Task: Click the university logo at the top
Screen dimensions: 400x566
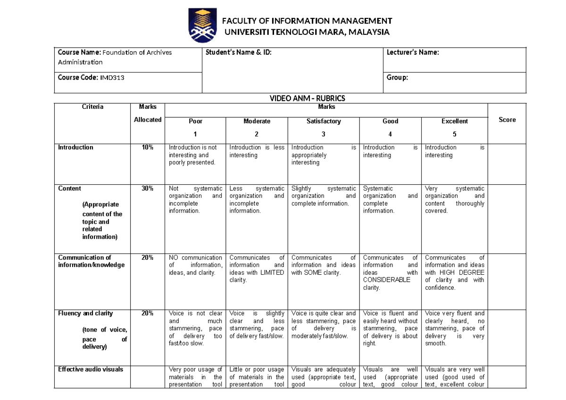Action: tap(203, 25)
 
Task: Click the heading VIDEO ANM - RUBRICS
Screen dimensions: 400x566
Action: tap(307, 98)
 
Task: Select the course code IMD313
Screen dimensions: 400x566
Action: tap(111, 78)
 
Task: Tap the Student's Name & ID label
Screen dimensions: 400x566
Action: tap(239, 53)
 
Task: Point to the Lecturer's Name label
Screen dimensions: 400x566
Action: tap(413, 53)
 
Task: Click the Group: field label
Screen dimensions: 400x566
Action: tap(398, 78)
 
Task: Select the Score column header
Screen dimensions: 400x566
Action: tap(507, 120)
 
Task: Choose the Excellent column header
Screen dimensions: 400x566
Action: tap(454, 122)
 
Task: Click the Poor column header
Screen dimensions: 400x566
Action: tap(195, 122)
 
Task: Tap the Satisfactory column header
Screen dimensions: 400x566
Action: tap(324, 122)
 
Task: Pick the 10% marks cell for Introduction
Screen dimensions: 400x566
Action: tap(148, 147)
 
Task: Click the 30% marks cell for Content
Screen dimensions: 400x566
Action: tap(148, 188)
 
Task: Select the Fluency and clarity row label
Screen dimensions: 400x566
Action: tap(85, 313)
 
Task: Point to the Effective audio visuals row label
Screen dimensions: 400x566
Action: tap(91, 369)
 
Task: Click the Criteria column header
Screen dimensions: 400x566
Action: tap(92, 107)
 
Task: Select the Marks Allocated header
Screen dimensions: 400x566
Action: tap(148, 114)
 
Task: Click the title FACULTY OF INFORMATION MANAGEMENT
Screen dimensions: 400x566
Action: tap(307, 21)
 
